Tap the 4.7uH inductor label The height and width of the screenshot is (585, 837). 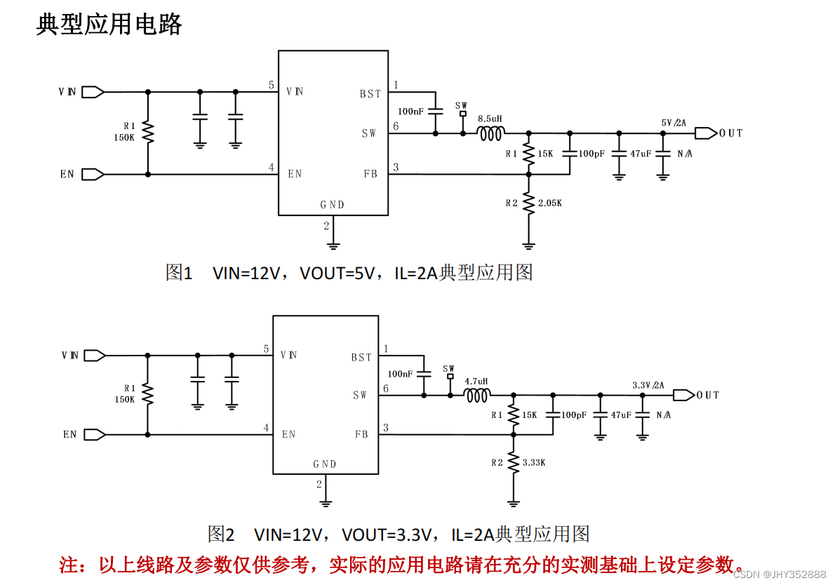click(476, 382)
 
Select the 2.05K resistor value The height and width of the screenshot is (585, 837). click(550, 203)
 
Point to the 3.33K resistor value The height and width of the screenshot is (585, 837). click(534, 462)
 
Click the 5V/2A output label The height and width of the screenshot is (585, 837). click(674, 123)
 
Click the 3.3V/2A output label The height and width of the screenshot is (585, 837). click(648, 386)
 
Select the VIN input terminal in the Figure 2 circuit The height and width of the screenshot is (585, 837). click(93, 356)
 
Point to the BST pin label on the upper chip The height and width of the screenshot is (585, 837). click(370, 94)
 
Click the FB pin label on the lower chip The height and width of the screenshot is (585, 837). click(361, 435)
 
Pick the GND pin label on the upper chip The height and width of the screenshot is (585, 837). click(333, 205)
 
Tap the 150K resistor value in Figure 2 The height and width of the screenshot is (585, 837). click(125, 399)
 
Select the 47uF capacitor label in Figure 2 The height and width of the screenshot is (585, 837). click(621, 415)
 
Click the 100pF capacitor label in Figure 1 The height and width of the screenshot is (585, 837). click(591, 154)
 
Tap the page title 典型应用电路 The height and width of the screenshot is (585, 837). click(109, 25)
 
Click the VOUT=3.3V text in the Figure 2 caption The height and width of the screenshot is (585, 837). click(385, 534)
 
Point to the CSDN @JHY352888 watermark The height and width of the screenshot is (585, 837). click(779, 574)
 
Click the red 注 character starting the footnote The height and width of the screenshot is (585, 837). click(67, 565)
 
